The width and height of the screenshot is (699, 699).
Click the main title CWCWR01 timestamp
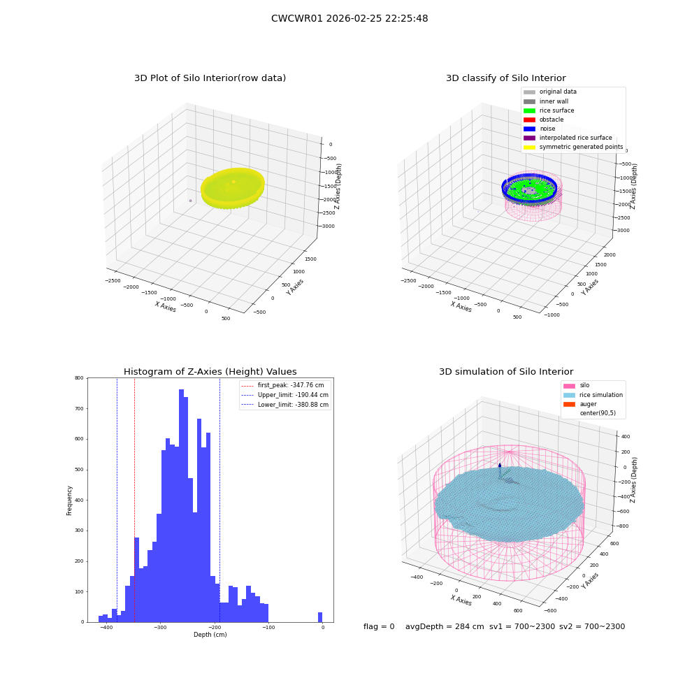[x=349, y=19]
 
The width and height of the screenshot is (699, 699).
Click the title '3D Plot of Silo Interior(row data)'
[x=210, y=78]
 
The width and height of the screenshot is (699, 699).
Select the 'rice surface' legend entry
[x=548, y=110]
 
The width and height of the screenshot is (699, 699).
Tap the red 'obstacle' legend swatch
[x=529, y=120]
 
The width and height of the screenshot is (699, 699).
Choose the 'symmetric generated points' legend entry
[x=573, y=147]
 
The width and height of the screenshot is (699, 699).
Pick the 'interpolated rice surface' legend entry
[x=568, y=138]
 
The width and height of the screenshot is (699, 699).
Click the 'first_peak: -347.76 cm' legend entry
[x=282, y=385]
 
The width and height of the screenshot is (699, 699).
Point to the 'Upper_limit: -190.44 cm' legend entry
[x=285, y=395]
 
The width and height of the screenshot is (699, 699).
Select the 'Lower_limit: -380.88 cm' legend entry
[x=285, y=405]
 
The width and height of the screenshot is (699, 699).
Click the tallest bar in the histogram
[x=182, y=505]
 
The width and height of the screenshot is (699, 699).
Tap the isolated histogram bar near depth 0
[x=320, y=617]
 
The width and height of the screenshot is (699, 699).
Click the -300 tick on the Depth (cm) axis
[x=161, y=628]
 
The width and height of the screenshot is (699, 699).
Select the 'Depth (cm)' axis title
[x=210, y=635]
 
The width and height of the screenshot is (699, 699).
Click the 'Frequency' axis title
[x=69, y=500]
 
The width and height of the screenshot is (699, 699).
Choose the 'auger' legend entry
[x=579, y=404]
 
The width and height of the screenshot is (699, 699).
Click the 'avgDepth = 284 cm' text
[x=445, y=627]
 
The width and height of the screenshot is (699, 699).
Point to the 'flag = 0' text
[x=379, y=627]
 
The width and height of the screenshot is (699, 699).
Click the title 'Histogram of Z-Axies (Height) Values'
[x=210, y=372]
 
